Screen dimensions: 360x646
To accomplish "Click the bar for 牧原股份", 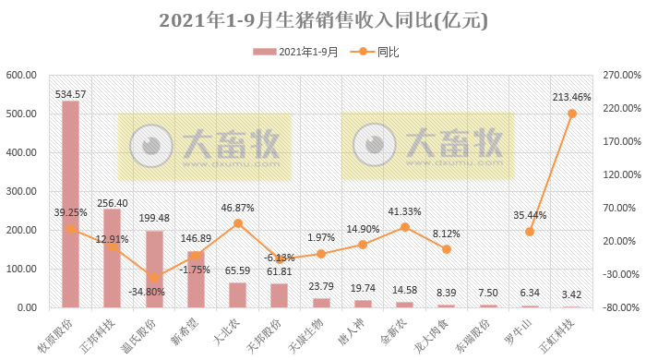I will [70, 204].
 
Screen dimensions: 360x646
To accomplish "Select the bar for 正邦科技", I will [112, 258].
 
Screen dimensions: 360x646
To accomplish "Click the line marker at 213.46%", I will [572, 114].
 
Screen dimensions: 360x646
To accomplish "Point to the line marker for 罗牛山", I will [530, 232].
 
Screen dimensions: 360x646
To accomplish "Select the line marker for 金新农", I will [404, 227].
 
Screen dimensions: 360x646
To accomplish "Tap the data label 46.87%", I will [237, 209].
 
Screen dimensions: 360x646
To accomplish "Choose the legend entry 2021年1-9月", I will [297, 53].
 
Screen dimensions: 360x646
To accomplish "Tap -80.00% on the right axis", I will [620, 307].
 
